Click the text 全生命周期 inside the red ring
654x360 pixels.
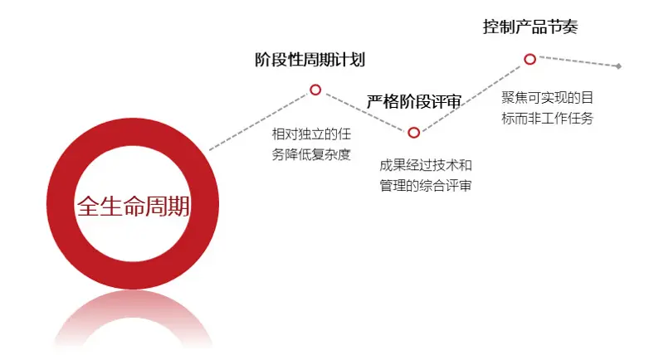(x=134, y=207)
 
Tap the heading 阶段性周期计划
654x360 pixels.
(x=310, y=60)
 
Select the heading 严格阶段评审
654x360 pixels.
(x=414, y=101)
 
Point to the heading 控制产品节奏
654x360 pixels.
(x=530, y=27)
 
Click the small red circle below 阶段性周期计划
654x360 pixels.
(x=315, y=90)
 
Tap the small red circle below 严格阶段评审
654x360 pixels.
(x=414, y=133)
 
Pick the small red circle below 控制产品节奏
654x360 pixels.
(x=530, y=59)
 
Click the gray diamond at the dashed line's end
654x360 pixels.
(x=618, y=66)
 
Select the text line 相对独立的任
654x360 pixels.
(x=311, y=134)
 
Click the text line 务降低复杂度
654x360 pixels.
(x=311, y=154)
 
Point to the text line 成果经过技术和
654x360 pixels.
(x=426, y=165)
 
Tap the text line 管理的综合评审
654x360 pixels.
(x=426, y=186)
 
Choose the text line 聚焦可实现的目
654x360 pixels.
(x=547, y=98)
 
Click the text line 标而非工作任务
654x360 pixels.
(x=547, y=119)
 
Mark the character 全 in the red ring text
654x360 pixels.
(x=88, y=207)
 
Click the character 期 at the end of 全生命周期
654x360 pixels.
(x=179, y=207)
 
